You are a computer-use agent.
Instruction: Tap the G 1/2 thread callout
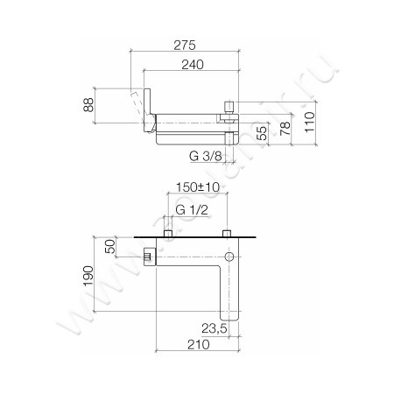coord(193,211)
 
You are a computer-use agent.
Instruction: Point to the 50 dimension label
coord(111,247)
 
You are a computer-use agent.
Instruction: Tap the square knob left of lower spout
coord(148,257)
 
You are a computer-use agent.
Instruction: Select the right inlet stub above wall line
coord(227,234)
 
